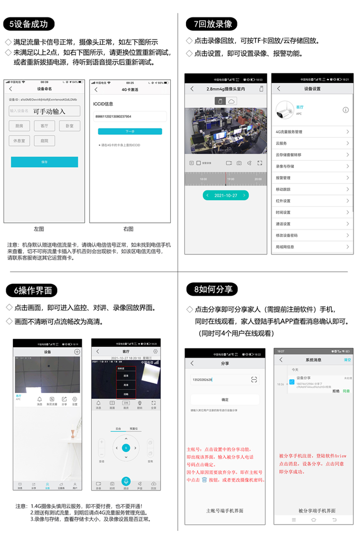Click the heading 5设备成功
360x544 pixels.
[x=28, y=24]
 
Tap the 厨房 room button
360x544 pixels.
[x=19, y=126]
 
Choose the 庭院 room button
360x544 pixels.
[x=45, y=140]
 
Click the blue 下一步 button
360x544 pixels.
[x=130, y=132]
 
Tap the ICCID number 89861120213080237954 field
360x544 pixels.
[x=130, y=116]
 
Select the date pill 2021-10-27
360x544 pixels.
[x=226, y=195]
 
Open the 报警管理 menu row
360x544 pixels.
[x=312, y=178]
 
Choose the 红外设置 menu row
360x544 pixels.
[x=312, y=201]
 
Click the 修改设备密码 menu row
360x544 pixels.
[x=312, y=235]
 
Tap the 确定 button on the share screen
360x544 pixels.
[x=225, y=400]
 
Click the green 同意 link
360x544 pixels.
[x=346, y=391]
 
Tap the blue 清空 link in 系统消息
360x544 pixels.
[x=347, y=360]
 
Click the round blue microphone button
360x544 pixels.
[x=126, y=481]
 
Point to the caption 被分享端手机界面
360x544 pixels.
[x=316, y=511]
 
